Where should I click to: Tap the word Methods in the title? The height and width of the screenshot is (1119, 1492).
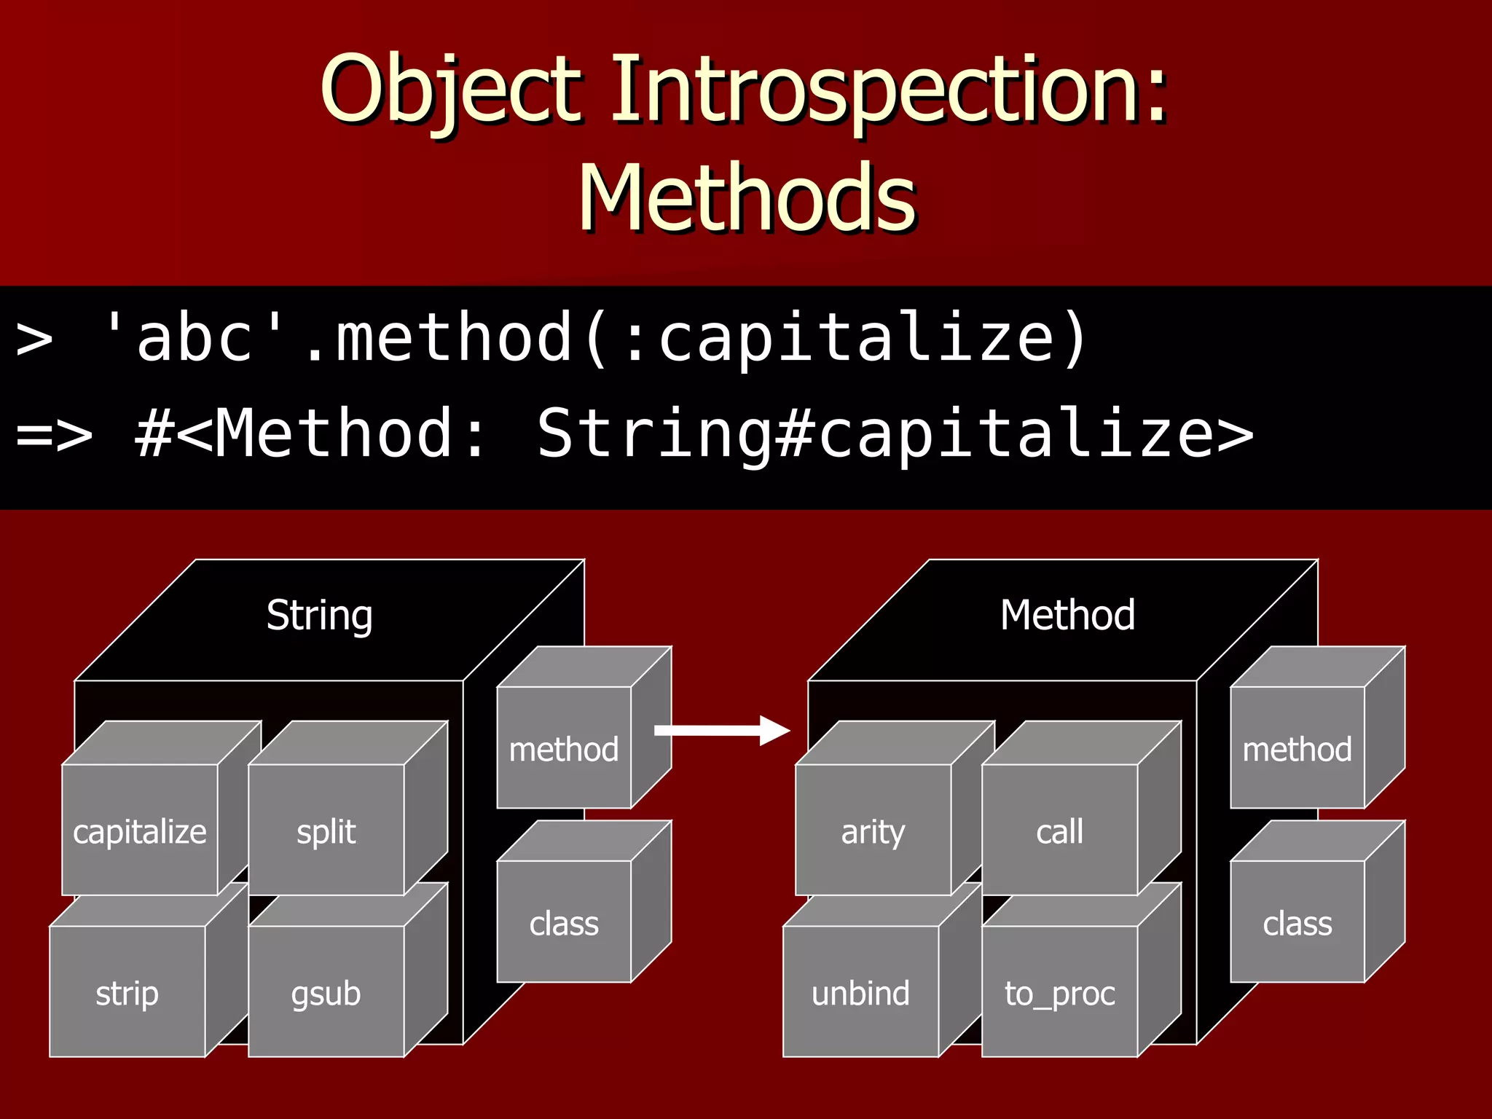click(747, 198)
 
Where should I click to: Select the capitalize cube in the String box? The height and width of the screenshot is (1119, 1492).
click(140, 831)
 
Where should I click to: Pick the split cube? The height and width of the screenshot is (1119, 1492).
click(326, 831)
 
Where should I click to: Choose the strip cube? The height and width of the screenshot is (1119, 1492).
click(127, 992)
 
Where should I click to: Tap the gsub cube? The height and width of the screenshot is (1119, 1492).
click(326, 992)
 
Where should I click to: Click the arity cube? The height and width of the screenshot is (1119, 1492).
click(873, 831)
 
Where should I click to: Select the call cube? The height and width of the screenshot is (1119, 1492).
click(1059, 831)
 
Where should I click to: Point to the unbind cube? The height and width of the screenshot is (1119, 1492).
click(860, 992)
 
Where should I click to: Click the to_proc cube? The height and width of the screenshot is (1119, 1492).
click(1059, 992)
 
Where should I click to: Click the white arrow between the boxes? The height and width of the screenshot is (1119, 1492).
click(721, 730)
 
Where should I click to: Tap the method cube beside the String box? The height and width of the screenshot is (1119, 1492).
click(564, 748)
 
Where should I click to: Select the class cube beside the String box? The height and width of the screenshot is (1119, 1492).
click(564, 922)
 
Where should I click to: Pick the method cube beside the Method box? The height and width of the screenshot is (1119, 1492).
click(1297, 748)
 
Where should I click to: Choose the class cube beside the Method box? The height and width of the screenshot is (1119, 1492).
click(1297, 922)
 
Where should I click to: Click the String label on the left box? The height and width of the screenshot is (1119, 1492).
click(319, 616)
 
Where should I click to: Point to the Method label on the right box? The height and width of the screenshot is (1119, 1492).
click(1067, 616)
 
